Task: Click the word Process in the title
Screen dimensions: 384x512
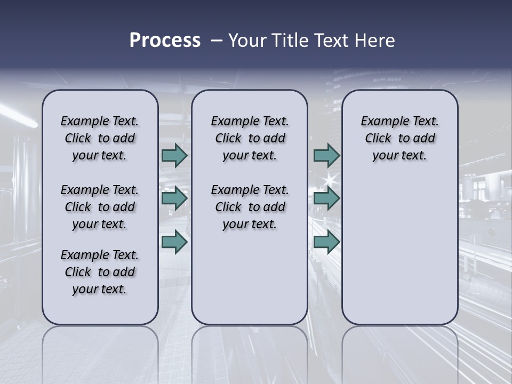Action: point(165,41)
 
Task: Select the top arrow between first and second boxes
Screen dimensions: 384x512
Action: point(174,156)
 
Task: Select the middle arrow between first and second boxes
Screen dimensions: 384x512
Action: point(174,199)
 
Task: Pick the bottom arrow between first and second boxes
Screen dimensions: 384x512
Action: point(174,242)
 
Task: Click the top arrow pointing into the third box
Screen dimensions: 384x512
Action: point(326,156)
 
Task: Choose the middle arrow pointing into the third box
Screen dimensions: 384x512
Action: point(326,199)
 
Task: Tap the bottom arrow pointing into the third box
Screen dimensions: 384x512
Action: point(326,242)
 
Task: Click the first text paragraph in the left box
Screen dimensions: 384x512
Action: point(100,138)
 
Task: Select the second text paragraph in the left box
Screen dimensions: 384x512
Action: point(100,207)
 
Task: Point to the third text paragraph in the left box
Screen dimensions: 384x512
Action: point(100,272)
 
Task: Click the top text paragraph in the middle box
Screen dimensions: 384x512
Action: point(250,138)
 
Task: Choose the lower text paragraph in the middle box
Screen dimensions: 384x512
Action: point(250,207)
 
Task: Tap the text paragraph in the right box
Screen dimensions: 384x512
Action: point(399,138)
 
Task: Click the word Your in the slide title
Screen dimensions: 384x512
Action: point(247,41)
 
